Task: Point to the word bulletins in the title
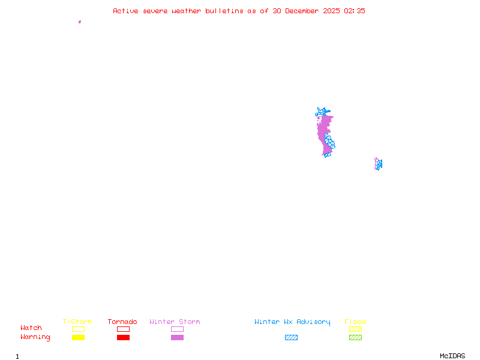click(x=224, y=11)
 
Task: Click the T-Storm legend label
click(x=77, y=322)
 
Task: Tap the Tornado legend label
click(x=122, y=322)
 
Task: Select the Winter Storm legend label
click(x=175, y=322)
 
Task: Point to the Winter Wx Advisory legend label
click(x=292, y=322)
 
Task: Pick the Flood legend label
click(x=355, y=322)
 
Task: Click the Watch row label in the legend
click(x=31, y=328)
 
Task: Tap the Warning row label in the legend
click(x=35, y=337)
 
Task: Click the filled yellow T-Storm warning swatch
click(x=78, y=337)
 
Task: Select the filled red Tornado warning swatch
click(x=123, y=337)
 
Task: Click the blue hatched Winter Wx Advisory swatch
click(x=291, y=337)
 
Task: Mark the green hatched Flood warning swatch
click(x=355, y=337)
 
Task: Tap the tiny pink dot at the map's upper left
click(x=80, y=22)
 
